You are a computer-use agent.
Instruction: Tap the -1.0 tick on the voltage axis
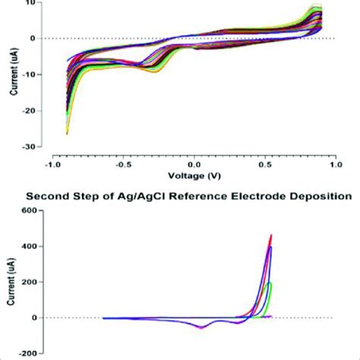(x=52, y=163)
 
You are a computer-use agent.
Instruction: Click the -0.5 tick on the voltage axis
(x=123, y=163)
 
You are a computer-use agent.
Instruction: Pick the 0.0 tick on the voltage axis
(x=194, y=163)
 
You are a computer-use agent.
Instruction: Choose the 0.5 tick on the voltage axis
(x=265, y=163)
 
